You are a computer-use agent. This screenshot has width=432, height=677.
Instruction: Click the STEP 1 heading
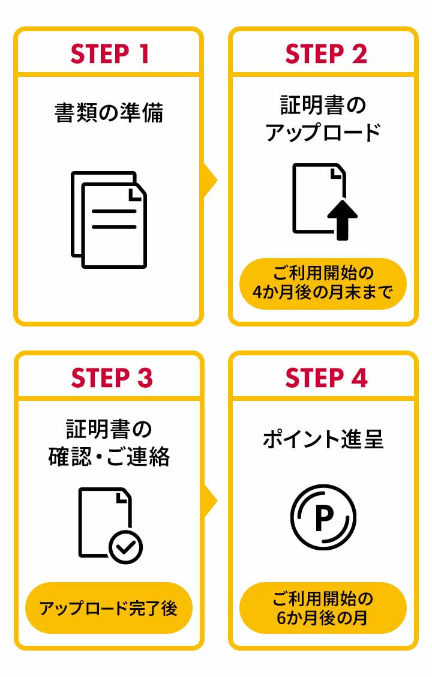tap(109, 55)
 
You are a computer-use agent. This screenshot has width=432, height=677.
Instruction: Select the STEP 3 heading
tap(112, 379)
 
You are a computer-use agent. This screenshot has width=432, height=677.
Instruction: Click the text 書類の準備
tap(109, 112)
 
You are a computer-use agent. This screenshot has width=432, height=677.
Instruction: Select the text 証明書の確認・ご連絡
tap(109, 443)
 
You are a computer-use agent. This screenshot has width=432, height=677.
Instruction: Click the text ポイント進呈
tap(323, 439)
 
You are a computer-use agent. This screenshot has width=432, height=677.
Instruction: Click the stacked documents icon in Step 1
tap(109, 219)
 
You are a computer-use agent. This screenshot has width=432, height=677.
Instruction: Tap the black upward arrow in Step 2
tap(342, 219)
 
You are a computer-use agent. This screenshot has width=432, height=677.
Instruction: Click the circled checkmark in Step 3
tap(125, 547)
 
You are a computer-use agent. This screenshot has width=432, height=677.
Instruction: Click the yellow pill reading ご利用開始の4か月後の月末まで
tap(323, 283)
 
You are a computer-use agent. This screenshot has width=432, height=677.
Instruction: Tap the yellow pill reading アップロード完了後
tap(109, 608)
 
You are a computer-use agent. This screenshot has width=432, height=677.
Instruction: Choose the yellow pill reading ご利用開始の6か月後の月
tap(323, 608)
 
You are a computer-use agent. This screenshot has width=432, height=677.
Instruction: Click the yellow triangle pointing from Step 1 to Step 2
tap(209, 179)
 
